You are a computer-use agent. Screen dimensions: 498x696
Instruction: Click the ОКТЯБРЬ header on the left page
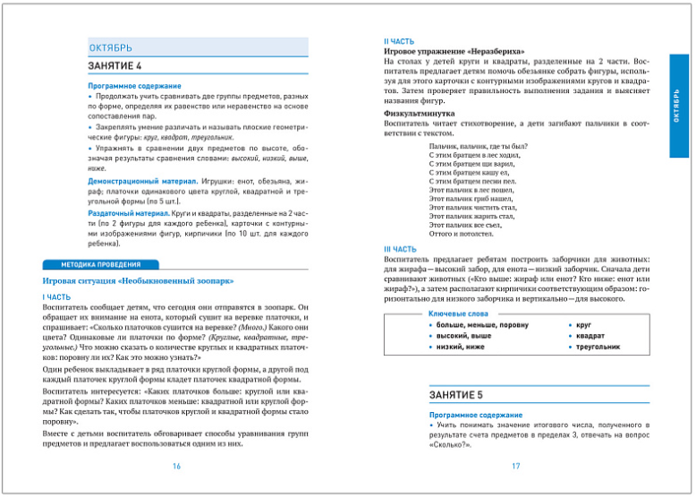click(x=112, y=47)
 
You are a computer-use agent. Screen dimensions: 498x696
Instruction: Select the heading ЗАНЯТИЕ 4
click(x=115, y=66)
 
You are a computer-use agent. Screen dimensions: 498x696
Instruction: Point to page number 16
click(x=176, y=466)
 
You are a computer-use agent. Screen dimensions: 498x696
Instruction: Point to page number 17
click(x=516, y=466)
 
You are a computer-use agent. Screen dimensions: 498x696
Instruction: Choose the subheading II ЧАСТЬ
click(x=398, y=41)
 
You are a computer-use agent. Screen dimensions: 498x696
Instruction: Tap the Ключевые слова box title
click(x=459, y=315)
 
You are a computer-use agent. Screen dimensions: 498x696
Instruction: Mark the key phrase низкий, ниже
click(x=460, y=346)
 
